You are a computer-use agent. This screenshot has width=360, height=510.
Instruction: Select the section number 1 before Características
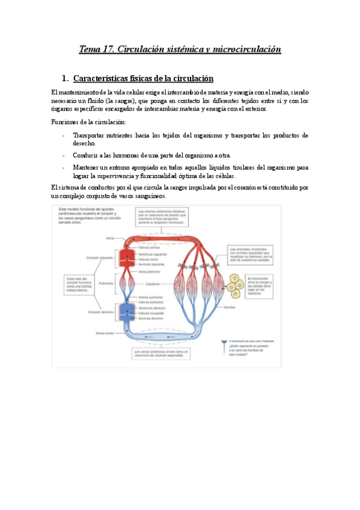point(64,79)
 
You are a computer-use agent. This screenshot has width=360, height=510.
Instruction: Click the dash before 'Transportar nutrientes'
point(64,135)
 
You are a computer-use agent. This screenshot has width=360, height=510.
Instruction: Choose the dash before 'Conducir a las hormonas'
point(64,155)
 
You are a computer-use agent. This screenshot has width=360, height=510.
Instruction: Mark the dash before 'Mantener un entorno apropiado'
point(64,167)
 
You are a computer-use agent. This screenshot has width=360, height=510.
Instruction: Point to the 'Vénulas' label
point(229,307)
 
